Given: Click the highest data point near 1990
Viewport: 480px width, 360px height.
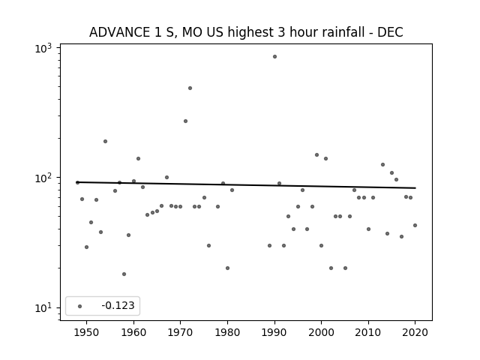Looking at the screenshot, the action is (275, 57).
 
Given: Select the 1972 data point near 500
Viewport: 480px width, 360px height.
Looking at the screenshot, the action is (190, 88).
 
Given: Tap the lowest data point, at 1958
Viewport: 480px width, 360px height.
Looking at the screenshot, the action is (124, 274).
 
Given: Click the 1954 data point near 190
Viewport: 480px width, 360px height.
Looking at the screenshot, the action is (105, 142).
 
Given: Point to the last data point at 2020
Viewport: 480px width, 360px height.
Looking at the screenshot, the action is (415, 225).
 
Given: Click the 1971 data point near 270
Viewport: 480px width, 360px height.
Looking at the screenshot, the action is (185, 121).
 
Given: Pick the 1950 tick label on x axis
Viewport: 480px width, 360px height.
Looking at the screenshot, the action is (87, 332).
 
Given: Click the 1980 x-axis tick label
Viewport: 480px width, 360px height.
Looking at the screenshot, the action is (227, 332).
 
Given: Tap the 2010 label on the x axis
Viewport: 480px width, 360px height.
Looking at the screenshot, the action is (368, 332).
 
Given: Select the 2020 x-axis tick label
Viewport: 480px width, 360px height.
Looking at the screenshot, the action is (415, 332).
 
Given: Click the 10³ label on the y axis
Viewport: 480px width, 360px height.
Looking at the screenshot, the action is (43, 48).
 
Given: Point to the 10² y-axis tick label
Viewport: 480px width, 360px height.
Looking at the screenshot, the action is (43, 178).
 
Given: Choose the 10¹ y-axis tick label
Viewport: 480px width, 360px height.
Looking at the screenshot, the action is (43, 307).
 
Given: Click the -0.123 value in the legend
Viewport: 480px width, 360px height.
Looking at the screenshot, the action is (118, 305).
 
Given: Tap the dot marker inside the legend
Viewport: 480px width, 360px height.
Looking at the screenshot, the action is (79, 306).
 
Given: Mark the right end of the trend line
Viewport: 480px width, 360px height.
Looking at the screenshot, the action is (415, 188).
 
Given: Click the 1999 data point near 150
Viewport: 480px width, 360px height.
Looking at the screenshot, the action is (316, 155).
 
